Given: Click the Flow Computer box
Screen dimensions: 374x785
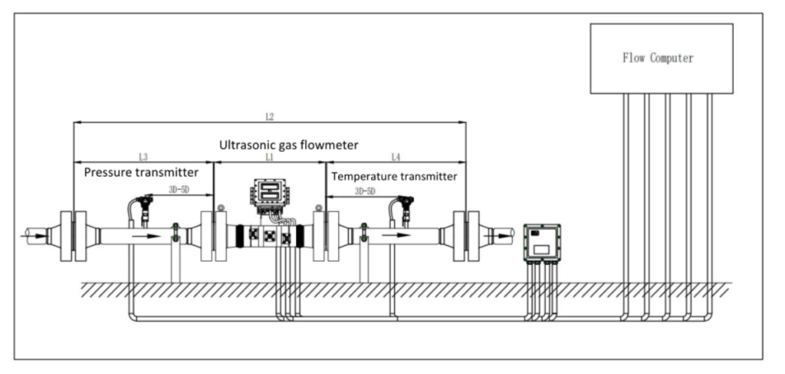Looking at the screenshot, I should [661, 58].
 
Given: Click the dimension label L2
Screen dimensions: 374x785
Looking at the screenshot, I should [269, 117].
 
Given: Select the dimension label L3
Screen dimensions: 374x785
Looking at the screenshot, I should [143, 157].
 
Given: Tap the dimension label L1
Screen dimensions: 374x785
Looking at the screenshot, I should [269, 157].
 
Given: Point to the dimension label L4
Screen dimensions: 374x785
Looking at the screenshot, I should [396, 157].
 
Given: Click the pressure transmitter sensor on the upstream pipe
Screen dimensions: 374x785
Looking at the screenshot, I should [143, 206].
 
